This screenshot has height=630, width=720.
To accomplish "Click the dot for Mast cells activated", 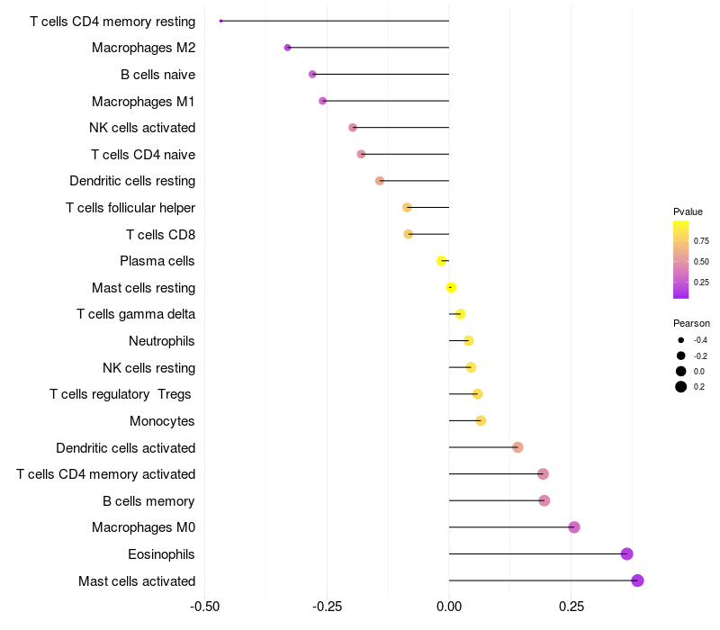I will point(637,580).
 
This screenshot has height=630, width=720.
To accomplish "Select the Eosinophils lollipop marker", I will point(627,553).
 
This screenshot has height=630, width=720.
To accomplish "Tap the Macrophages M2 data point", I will point(288,48).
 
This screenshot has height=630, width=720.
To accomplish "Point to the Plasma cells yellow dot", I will point(441,261).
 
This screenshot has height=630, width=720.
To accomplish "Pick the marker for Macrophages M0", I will point(574,527).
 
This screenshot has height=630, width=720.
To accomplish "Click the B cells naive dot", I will point(312,74).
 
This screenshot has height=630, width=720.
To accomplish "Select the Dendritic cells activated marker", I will point(517,447).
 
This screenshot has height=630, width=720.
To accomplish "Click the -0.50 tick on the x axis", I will point(205,607).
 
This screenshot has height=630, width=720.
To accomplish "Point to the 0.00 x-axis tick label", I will point(449,607).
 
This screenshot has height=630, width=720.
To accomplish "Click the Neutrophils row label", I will point(162,341).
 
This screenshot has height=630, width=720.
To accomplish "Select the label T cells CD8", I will point(160,235).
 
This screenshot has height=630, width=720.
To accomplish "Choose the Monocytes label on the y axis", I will point(162,421).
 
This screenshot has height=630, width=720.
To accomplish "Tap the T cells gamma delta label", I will point(136,314).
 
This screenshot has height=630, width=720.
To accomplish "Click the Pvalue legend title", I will point(688,211).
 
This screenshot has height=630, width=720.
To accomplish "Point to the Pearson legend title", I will point(691,323).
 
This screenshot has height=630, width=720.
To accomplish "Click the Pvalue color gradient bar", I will point(681,259).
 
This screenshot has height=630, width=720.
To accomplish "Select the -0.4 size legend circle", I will point(681,340).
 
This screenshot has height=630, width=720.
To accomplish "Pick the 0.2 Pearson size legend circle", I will point(681,387).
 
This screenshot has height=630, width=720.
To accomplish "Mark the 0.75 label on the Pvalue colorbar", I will point(701,241).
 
